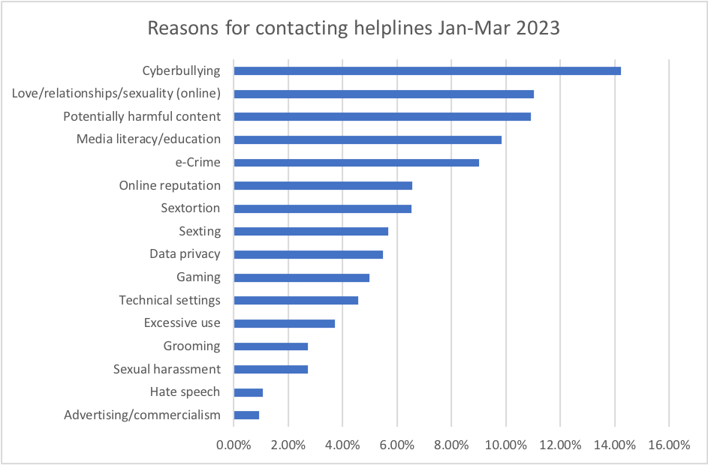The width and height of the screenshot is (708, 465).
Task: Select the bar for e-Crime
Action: (356, 162)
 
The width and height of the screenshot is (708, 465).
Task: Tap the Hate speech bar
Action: (248, 392)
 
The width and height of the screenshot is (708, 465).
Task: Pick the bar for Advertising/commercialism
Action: (246, 415)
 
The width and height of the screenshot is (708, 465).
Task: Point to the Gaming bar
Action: (301, 277)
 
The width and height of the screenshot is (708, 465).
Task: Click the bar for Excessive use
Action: (284, 323)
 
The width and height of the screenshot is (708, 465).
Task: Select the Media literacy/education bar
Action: (367, 139)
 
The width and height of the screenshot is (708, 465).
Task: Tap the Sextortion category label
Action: (191, 208)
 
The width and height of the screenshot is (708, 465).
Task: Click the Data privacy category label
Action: (185, 254)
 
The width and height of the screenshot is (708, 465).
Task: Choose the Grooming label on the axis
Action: (191, 346)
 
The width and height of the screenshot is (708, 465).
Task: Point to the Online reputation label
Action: (170, 185)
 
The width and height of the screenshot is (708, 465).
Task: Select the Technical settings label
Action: (170, 300)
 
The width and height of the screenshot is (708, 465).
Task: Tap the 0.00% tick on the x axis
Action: (233, 444)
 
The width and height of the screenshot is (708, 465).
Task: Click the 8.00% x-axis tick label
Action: (451, 444)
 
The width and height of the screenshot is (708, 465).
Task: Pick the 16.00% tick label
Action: (668, 444)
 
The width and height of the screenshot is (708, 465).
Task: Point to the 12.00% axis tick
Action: (560, 444)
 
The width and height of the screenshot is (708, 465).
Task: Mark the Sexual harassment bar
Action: (270, 369)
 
